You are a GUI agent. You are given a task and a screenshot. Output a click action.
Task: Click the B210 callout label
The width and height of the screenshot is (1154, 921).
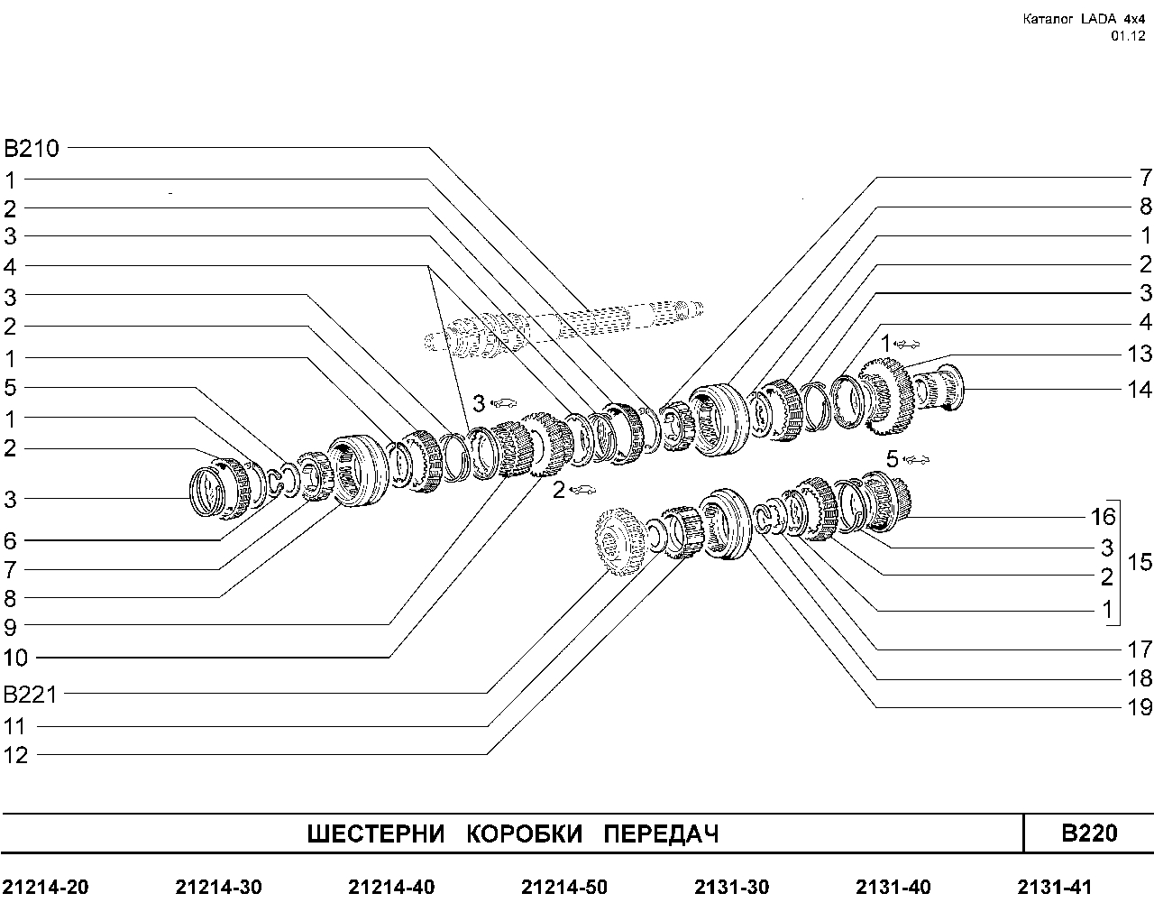[31, 148]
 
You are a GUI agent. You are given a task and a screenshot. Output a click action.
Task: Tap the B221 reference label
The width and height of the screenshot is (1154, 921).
[30, 695]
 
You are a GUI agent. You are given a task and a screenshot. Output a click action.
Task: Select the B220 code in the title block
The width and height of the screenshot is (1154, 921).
[1089, 833]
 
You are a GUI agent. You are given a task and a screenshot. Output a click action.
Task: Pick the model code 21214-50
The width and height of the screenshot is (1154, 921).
[564, 888]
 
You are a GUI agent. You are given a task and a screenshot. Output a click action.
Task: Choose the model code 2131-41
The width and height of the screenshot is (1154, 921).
[1054, 888]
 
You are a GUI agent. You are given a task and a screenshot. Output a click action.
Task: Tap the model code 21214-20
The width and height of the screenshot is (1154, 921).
[46, 888]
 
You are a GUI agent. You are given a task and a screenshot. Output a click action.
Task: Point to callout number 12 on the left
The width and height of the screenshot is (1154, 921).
[15, 755]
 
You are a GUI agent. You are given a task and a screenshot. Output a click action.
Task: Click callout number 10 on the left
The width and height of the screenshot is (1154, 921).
[15, 658]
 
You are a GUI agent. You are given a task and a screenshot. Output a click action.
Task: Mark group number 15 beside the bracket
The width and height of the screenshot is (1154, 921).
[1140, 562]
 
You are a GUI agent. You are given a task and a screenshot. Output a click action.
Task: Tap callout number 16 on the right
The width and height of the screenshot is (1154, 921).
[1103, 517]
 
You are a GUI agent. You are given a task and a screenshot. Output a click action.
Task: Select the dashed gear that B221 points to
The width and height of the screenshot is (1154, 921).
[620, 541]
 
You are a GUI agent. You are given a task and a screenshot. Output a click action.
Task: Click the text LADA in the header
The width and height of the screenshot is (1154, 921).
[1098, 19]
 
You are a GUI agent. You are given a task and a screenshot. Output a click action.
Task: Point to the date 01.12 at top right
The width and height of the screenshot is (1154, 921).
[1128, 36]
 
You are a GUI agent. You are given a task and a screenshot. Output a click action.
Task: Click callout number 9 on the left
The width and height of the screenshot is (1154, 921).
[10, 628]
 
